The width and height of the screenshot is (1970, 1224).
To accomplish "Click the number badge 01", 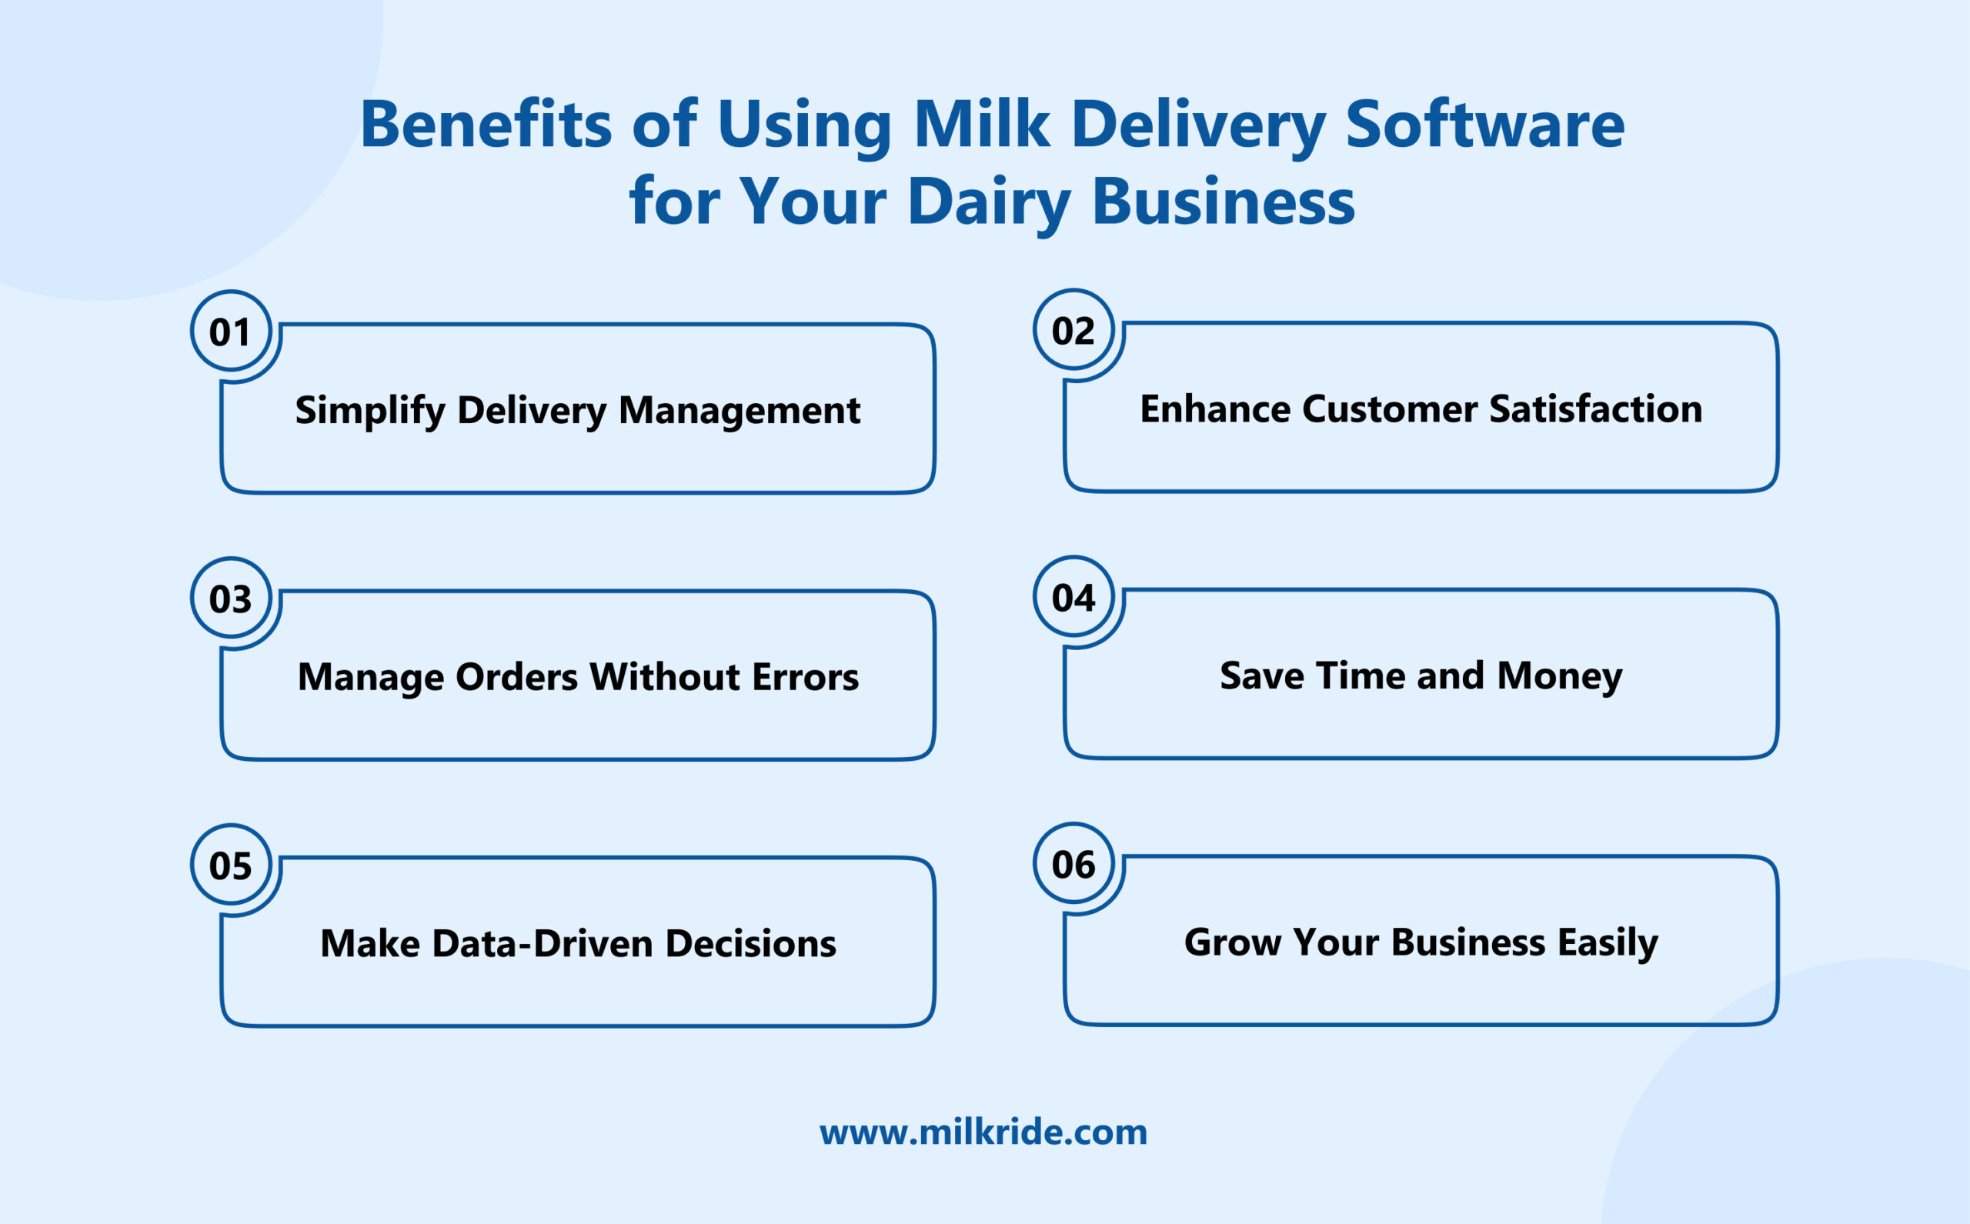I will pos(231,331).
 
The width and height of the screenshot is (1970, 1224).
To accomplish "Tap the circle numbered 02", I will pos(1073,329).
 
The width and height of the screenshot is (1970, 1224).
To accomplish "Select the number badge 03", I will pos(231,599).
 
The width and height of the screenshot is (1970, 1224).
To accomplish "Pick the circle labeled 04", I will pos(1073,597).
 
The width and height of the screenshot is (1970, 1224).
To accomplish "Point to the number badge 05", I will pos(231,865).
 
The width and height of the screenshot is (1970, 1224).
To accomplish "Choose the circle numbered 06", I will pos(1073,864).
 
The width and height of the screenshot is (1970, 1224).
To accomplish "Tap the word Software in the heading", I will pos(1484,125).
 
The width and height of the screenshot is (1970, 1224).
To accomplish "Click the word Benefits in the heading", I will pos(486,125).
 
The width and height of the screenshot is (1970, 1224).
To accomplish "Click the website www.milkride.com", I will pos(983,1132).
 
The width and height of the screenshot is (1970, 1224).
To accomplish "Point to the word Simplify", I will pos(370,410).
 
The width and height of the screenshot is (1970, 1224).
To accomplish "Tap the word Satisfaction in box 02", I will pos(1595,409).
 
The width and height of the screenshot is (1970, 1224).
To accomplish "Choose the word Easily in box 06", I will pos(1608,942).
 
